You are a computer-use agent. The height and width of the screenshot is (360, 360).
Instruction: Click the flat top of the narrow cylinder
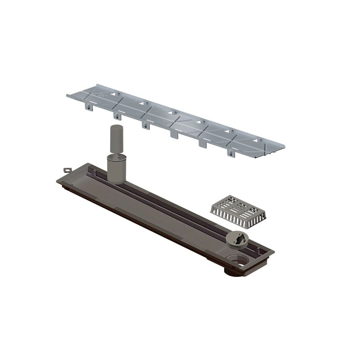pyautogui.click(x=116, y=127)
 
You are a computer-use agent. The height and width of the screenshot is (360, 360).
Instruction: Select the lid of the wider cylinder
pyautogui.click(x=117, y=157)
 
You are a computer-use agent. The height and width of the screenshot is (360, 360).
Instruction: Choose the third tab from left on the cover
pyautogui.click(x=144, y=125)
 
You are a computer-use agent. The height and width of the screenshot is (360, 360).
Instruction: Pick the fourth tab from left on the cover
pyautogui.click(x=173, y=134)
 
